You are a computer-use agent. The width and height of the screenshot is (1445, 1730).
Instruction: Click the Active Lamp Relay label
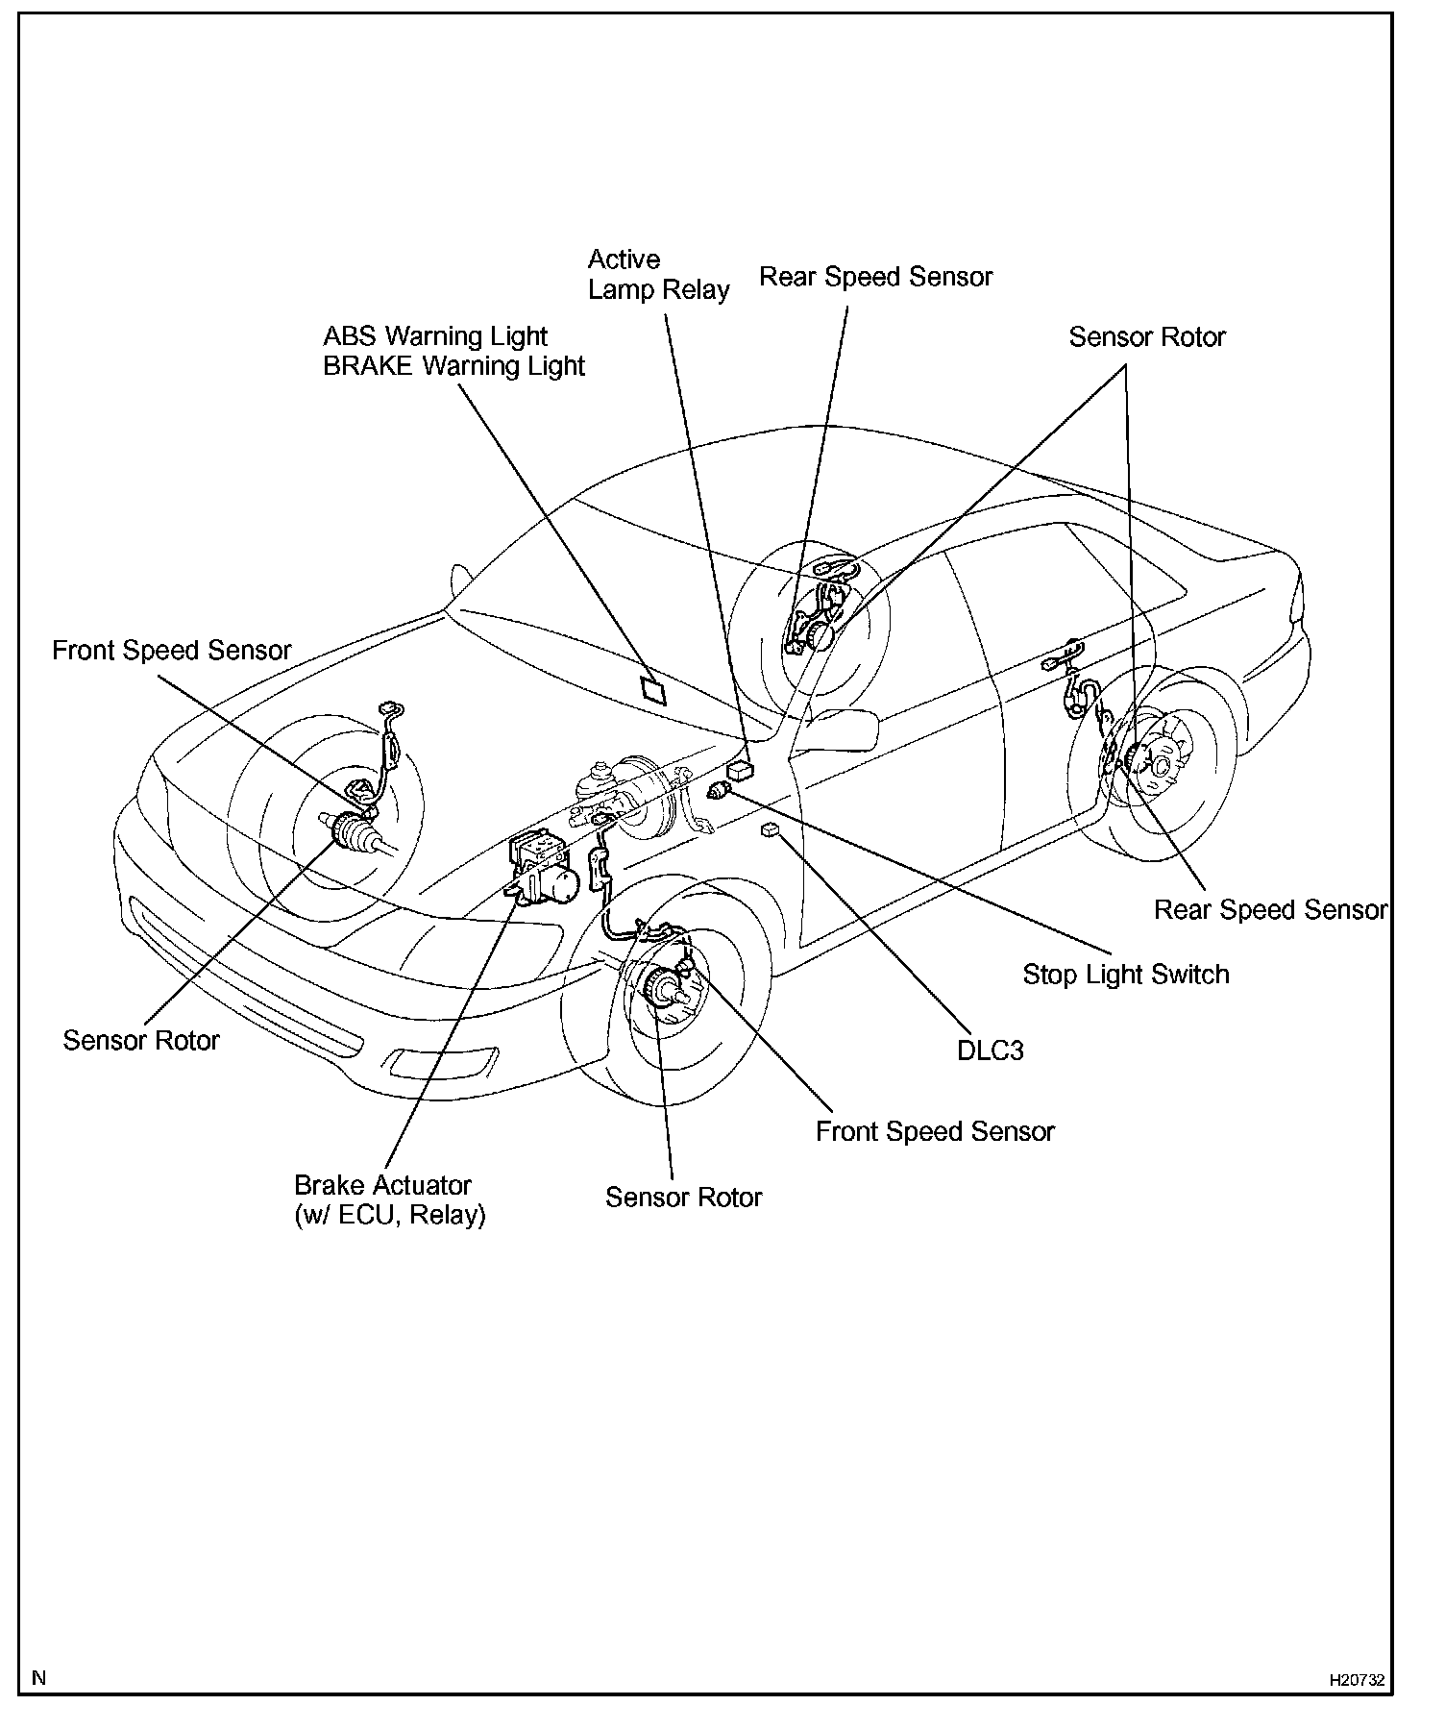coord(658,275)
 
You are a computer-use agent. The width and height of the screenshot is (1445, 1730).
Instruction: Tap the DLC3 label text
coord(990,1050)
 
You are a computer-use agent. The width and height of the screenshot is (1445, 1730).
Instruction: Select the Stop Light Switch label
coord(1125,975)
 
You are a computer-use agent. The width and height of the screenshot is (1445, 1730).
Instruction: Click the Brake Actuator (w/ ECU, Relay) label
coord(389,1199)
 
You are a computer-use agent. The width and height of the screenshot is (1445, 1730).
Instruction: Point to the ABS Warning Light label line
coord(434,336)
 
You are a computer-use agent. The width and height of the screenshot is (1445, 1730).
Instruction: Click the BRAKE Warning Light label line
coord(453,366)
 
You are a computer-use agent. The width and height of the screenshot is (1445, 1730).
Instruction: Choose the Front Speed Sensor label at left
coord(171,651)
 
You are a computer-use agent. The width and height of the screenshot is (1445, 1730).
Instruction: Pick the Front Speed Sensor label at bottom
coord(934,1131)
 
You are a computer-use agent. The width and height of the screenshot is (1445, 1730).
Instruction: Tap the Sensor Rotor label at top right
coord(1146,337)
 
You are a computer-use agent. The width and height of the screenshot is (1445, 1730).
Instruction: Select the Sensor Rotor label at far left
coord(141,1040)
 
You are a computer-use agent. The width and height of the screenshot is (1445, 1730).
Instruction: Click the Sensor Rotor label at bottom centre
coord(683,1197)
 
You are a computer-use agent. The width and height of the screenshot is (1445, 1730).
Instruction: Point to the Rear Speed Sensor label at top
coord(875,277)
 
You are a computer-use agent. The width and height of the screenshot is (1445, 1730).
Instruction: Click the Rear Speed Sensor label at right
coord(1270,909)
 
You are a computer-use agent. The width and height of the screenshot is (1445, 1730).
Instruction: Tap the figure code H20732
coord(1357,1680)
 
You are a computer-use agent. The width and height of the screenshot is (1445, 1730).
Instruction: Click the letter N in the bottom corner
coord(39,1678)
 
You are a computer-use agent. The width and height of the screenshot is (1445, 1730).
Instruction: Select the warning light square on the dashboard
coord(653,691)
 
